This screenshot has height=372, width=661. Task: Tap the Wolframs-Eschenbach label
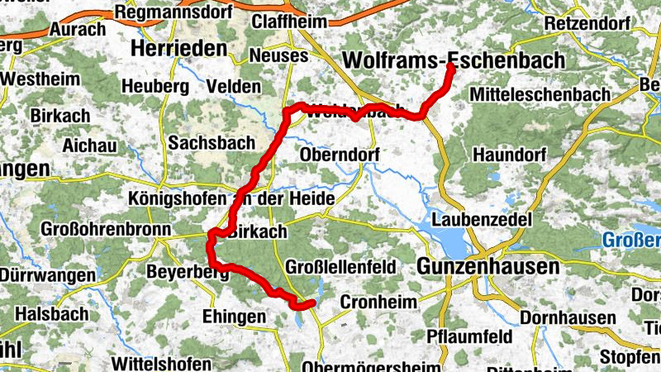click(x=454, y=60)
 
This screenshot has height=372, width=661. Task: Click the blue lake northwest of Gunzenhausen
click(x=450, y=243)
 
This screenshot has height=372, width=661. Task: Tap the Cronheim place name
click(x=378, y=302)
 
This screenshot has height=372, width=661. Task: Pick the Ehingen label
click(x=234, y=317)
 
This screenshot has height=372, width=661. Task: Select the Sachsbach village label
click(x=212, y=143)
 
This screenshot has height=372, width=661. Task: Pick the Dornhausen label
click(x=568, y=317)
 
